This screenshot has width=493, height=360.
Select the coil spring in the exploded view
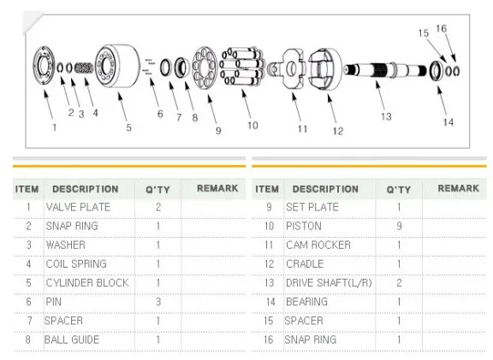tap(84, 68)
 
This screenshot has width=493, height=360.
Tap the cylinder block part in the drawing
tap(117, 67)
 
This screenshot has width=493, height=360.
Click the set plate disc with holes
tap(205, 68)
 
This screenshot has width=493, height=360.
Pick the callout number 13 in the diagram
tap(386, 117)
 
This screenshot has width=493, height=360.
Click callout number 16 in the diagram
tap(441, 28)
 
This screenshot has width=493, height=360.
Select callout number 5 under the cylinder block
tap(128, 127)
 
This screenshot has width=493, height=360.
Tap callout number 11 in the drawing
tap(302, 129)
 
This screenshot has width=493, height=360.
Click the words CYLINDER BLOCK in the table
tap(87, 283)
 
